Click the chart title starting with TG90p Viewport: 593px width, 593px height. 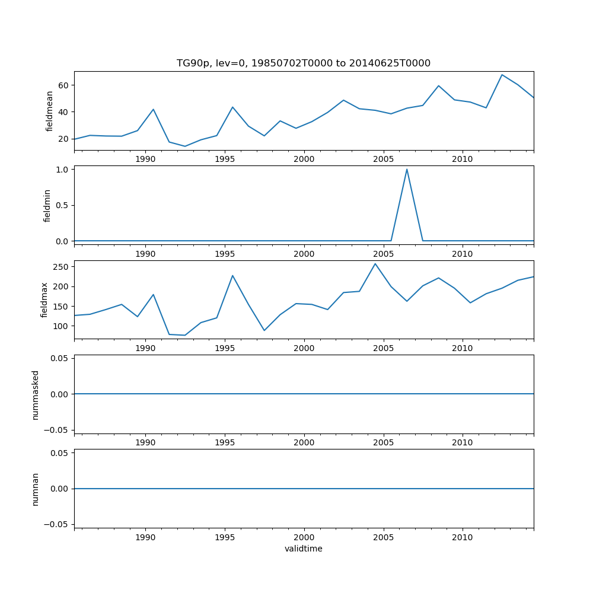point(303,63)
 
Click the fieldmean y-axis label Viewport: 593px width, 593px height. point(49,111)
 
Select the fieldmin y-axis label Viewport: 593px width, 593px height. point(47,205)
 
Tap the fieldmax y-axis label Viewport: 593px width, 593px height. point(44,299)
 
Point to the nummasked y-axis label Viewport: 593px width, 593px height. point(35,394)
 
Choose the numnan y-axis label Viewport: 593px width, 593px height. point(35,489)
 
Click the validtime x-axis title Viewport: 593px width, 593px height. point(303,549)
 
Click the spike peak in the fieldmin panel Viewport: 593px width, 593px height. point(407,170)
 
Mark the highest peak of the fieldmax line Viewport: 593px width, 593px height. point(375,264)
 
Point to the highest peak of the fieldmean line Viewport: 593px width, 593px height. point(502,75)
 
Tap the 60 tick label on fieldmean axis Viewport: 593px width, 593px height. point(64,85)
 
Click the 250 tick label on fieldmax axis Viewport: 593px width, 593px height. point(62,267)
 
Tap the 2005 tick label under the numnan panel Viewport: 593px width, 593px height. point(383,537)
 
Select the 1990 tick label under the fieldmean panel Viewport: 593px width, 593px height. point(145,159)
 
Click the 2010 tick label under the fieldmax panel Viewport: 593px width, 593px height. point(463,348)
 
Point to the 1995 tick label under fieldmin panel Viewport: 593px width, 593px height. point(225,254)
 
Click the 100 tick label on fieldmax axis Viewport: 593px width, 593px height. point(62,326)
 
